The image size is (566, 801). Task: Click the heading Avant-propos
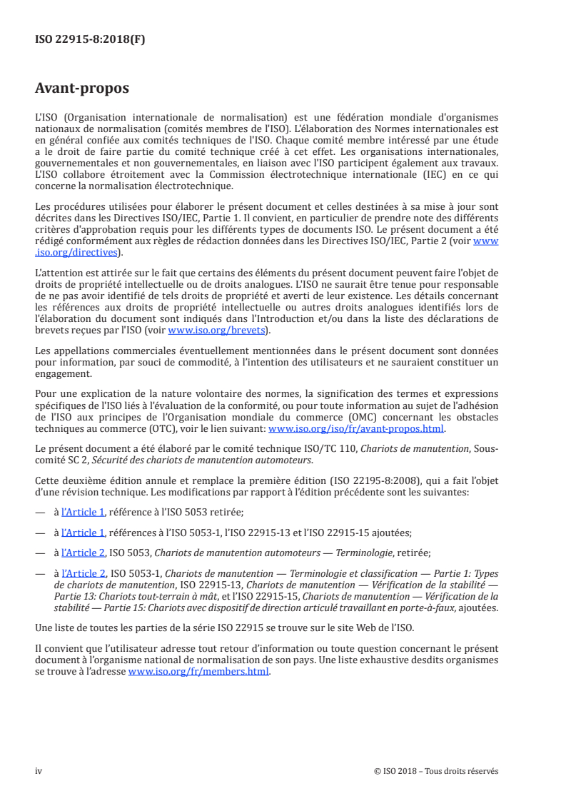pos(82,89)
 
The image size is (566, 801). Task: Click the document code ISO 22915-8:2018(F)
pos(90,40)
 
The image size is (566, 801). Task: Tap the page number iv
pos(39,770)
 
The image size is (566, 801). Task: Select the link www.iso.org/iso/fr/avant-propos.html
pos(355,429)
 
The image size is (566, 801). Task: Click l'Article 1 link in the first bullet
pos(84,512)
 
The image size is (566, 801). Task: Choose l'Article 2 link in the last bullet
pos(84,573)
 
